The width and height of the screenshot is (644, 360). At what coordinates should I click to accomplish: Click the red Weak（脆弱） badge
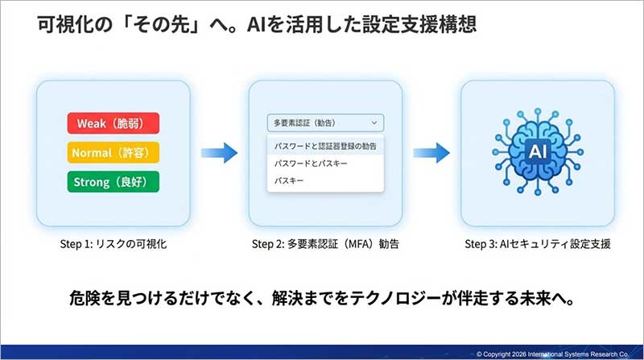pyautogui.click(x=113, y=123)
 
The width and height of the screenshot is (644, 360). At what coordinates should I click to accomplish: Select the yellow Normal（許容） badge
pyautogui.click(x=113, y=152)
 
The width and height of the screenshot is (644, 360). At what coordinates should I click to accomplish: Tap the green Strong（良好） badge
pyautogui.click(x=113, y=181)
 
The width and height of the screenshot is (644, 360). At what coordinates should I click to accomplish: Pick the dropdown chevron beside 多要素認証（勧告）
pyautogui.click(x=374, y=123)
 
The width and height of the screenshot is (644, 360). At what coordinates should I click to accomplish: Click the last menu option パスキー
pyautogui.click(x=290, y=180)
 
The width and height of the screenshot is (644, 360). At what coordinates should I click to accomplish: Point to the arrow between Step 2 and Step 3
pyautogui.click(x=431, y=151)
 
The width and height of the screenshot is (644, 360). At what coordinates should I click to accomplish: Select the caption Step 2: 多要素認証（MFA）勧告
pyautogui.click(x=325, y=243)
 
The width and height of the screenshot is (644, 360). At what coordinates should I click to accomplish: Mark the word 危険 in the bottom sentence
pyautogui.click(x=83, y=297)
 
